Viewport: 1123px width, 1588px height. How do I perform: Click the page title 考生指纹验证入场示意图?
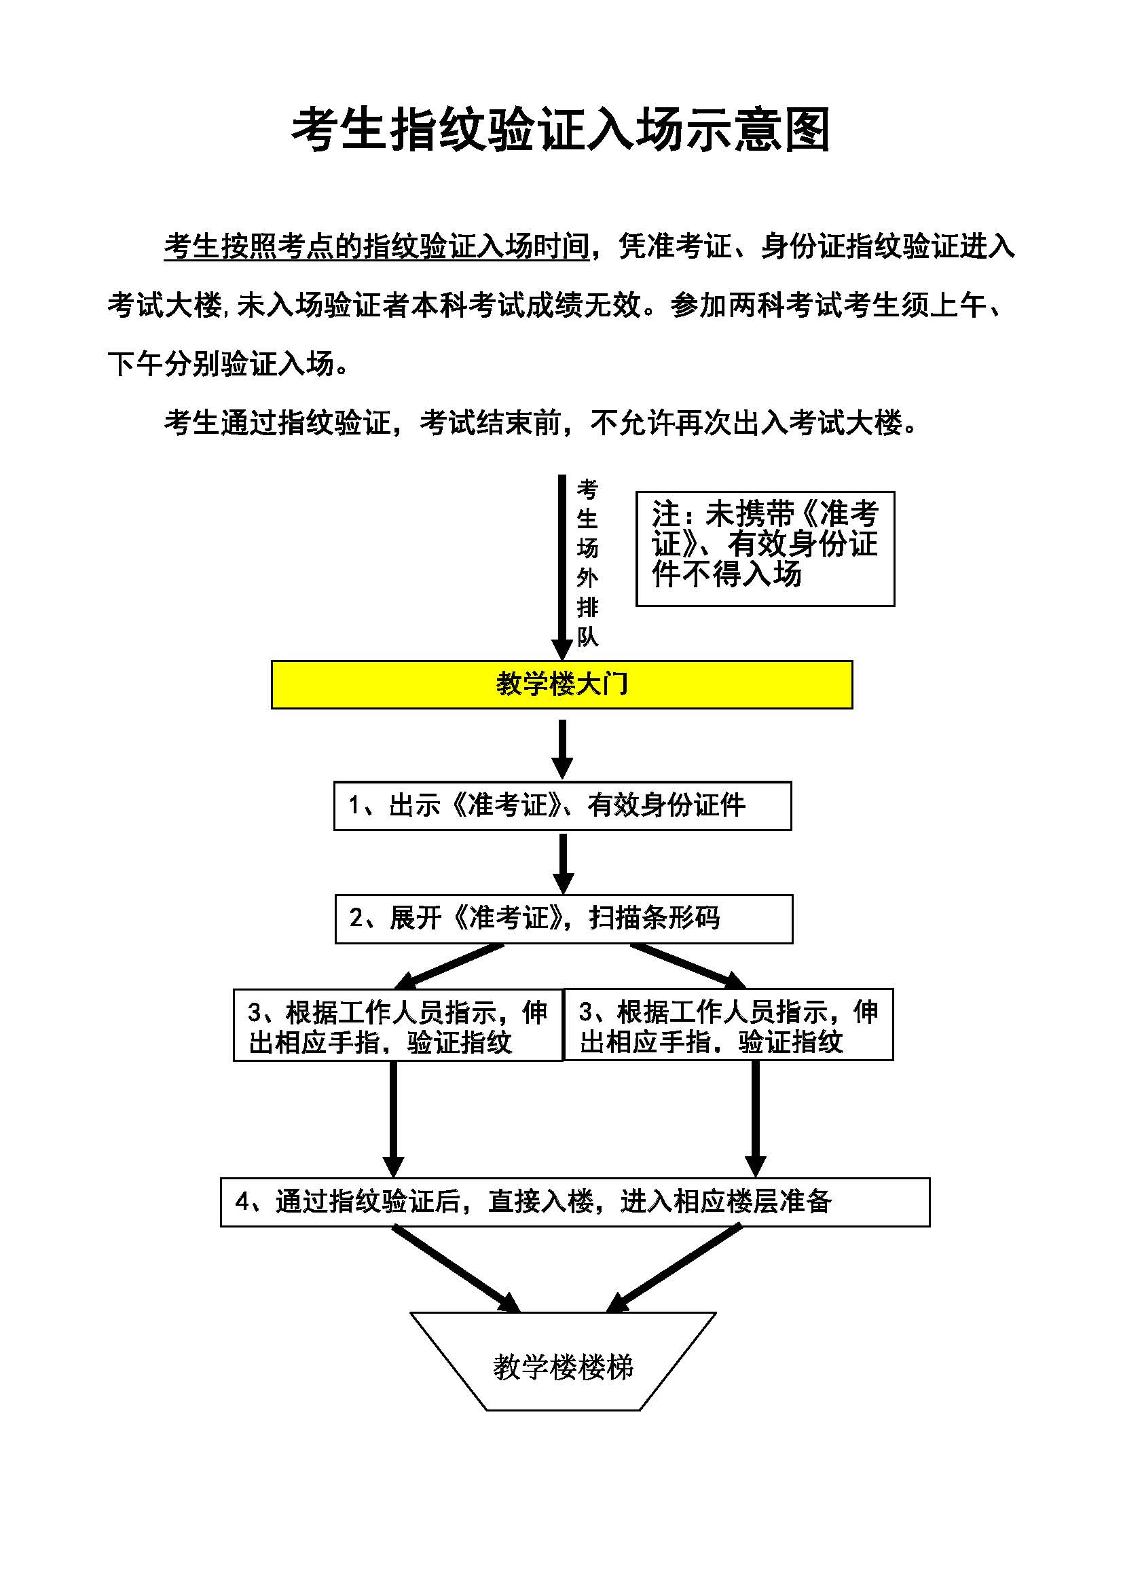pos(561,130)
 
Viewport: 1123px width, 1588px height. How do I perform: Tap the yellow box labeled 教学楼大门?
pos(561,684)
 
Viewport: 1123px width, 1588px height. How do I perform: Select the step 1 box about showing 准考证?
pos(562,806)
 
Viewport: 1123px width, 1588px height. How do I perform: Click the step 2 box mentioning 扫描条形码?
pos(564,919)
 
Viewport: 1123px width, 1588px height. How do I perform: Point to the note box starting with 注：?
pos(765,549)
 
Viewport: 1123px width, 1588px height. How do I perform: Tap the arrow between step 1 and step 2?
pos(563,862)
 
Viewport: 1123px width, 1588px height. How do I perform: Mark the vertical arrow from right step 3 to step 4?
pos(755,1117)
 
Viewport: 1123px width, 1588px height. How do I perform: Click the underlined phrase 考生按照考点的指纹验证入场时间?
pos(376,247)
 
